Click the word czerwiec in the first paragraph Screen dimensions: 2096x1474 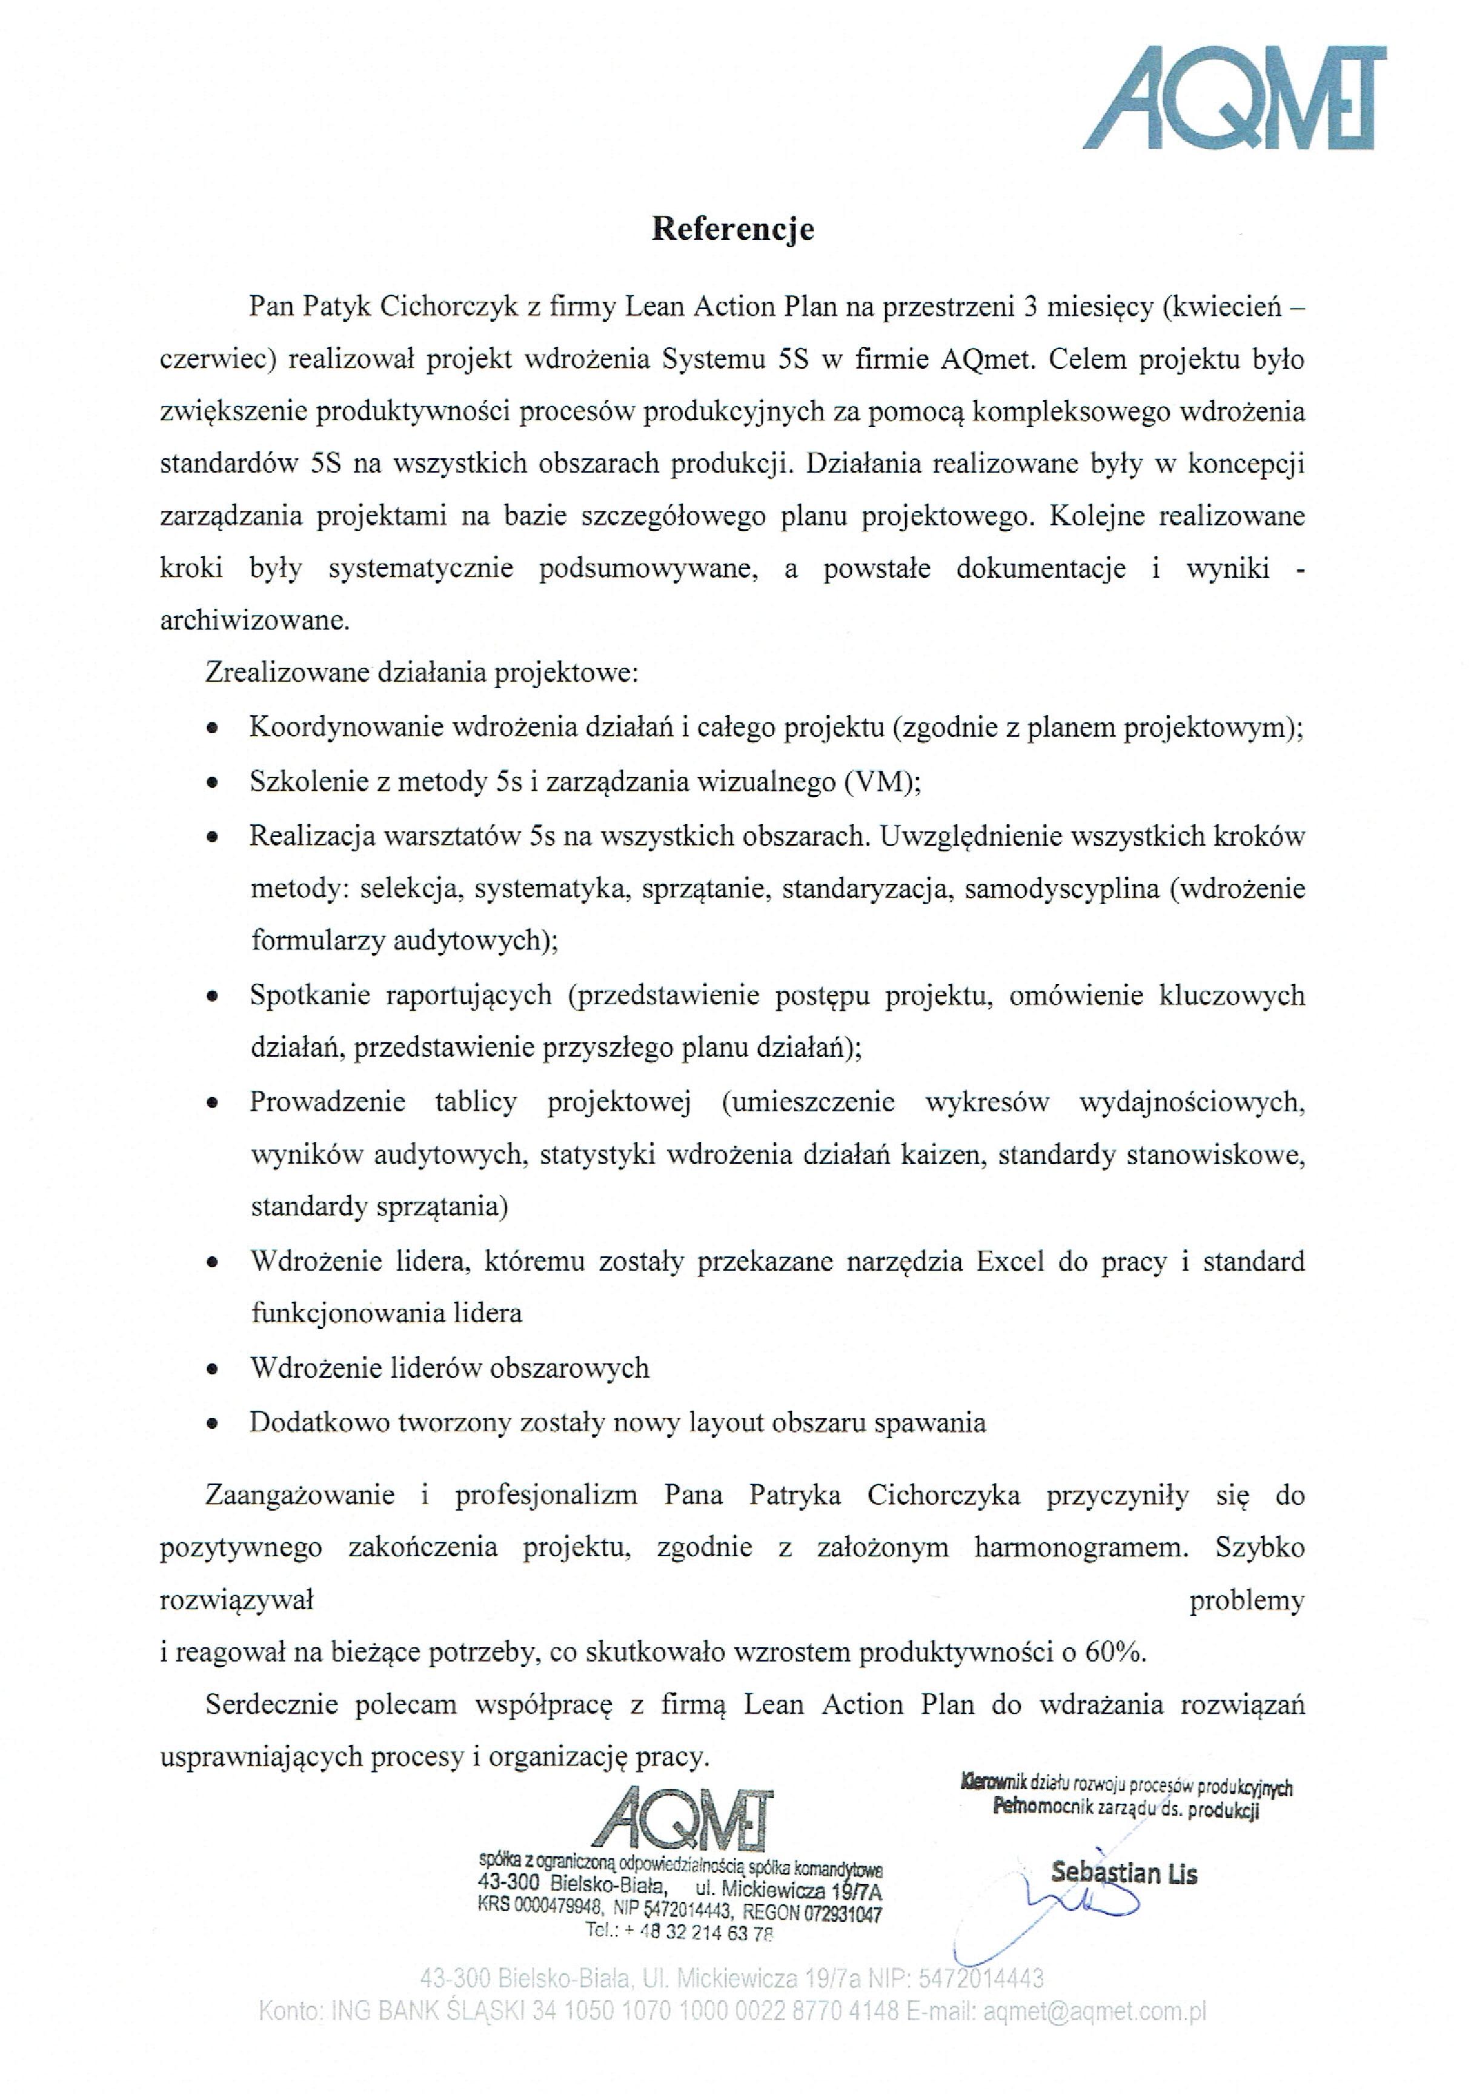(214, 360)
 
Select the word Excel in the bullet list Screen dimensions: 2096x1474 (1011, 1262)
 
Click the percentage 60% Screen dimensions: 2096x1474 (1114, 1652)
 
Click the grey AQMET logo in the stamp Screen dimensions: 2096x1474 (682, 1820)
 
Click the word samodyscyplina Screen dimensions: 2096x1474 (1061, 888)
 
